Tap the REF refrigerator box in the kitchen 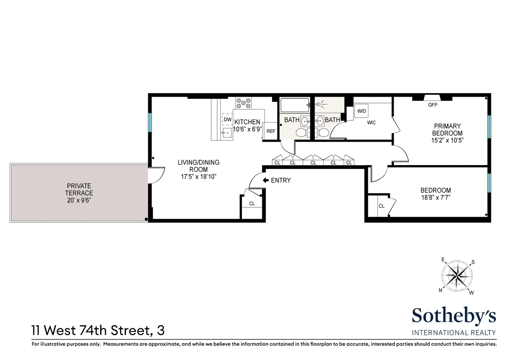(x=270, y=131)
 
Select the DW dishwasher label (x=227, y=120)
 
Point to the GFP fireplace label (x=433, y=105)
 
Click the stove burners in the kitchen (x=244, y=103)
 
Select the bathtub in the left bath (x=295, y=105)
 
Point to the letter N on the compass (x=440, y=290)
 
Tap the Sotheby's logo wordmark (x=454, y=316)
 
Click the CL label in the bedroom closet (x=382, y=206)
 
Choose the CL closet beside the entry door (x=252, y=203)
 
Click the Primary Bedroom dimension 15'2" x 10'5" (x=447, y=140)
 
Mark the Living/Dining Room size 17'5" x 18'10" (x=199, y=176)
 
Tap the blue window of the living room (x=150, y=123)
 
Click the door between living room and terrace (x=155, y=175)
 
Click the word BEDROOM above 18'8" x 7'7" (x=436, y=190)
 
